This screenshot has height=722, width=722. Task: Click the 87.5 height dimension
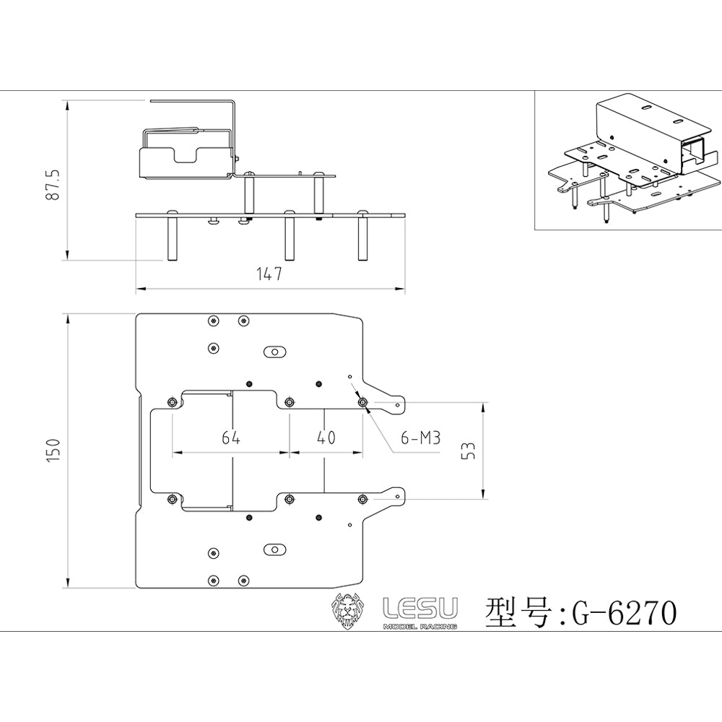(53, 184)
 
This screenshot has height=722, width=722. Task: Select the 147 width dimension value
(269, 274)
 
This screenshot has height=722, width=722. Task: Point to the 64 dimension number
(231, 437)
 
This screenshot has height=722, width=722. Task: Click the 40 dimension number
(326, 437)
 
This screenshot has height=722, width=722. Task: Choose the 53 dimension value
(468, 451)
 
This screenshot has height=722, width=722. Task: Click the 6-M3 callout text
(421, 438)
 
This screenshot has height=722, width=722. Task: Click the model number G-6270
(625, 613)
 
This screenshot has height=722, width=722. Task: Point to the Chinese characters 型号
(518, 613)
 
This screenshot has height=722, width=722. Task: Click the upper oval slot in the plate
(275, 352)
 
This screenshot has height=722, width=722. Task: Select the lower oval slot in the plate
(275, 549)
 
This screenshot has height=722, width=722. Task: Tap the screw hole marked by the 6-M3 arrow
(363, 402)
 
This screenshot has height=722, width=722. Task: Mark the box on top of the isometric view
(649, 133)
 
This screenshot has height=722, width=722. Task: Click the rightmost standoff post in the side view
(363, 235)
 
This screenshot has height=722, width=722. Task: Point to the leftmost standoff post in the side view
(173, 235)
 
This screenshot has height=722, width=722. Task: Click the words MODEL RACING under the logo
(420, 627)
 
